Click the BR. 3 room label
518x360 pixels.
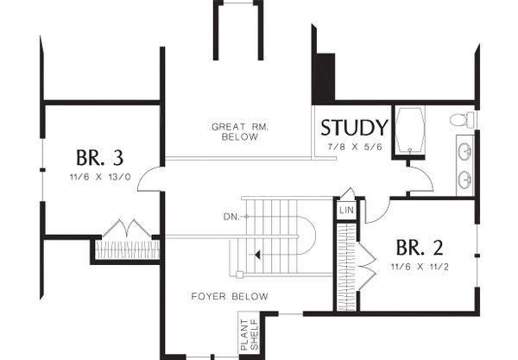(x=100, y=158)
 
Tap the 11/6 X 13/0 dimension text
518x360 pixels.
(x=100, y=177)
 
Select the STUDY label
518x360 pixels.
(x=354, y=128)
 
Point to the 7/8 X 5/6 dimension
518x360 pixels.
(x=355, y=147)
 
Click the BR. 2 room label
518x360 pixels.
(x=420, y=248)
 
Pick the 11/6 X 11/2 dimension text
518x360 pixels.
(x=420, y=267)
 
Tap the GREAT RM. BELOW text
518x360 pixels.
(x=240, y=131)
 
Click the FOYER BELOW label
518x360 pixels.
(x=230, y=296)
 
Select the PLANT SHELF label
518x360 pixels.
(x=250, y=335)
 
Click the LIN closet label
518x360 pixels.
(x=346, y=210)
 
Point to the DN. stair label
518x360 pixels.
(x=231, y=217)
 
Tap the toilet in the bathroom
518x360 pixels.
(x=462, y=119)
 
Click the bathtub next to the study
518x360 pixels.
(x=410, y=130)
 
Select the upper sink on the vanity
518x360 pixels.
(x=464, y=151)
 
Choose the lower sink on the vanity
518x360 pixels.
(x=464, y=180)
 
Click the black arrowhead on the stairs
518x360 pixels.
(x=257, y=255)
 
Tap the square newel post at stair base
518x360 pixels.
(x=239, y=275)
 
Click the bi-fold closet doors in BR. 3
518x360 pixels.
(x=127, y=228)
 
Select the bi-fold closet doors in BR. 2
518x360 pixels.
(x=367, y=266)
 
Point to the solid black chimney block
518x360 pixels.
(x=324, y=78)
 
